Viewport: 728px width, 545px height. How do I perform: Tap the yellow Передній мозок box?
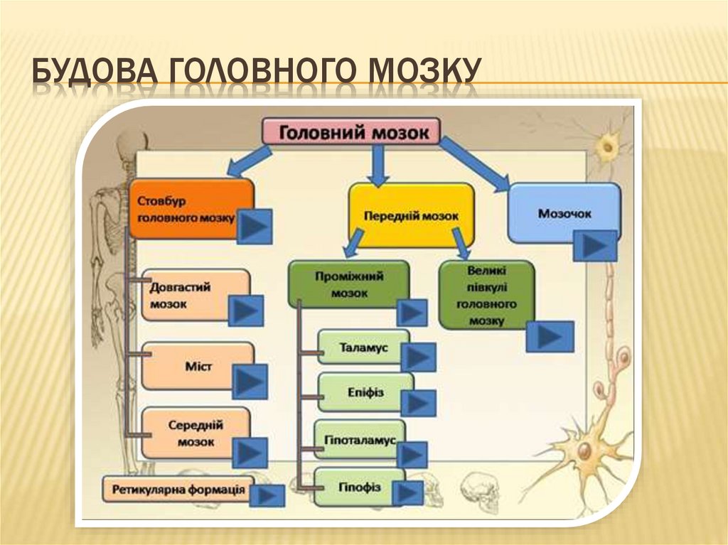411,212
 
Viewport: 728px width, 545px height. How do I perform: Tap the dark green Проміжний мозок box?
348,282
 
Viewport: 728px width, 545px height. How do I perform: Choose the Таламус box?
363,348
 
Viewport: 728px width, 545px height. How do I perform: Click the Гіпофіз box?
359,486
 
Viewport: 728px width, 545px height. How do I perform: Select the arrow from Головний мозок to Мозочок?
475,165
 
